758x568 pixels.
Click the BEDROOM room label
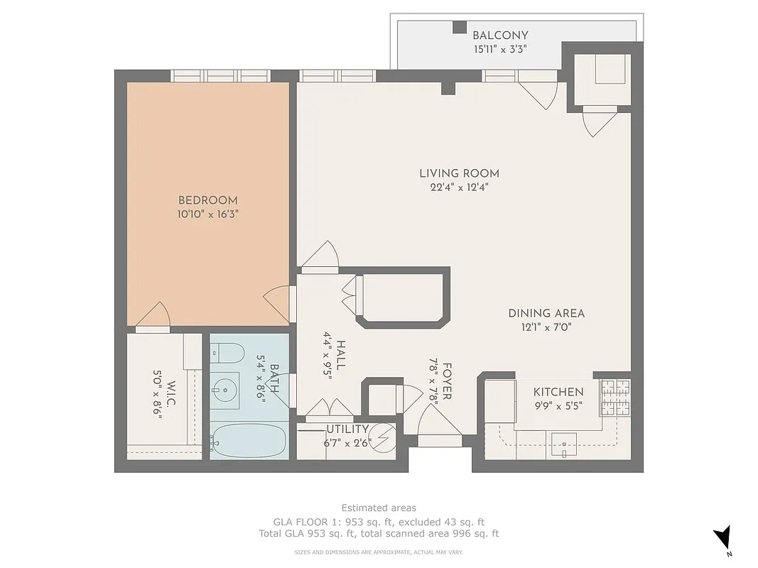point(207,200)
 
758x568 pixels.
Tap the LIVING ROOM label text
point(459,173)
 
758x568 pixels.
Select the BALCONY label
point(500,35)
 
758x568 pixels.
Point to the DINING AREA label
point(546,313)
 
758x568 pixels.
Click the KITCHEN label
point(558,392)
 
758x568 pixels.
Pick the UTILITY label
point(347,430)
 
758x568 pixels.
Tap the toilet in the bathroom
point(227,351)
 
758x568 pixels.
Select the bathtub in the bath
point(249,441)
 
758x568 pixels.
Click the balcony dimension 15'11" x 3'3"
point(500,50)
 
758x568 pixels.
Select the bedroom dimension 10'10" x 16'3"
point(207,214)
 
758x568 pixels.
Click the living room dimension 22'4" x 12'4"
point(459,187)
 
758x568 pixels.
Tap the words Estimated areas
point(379,508)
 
